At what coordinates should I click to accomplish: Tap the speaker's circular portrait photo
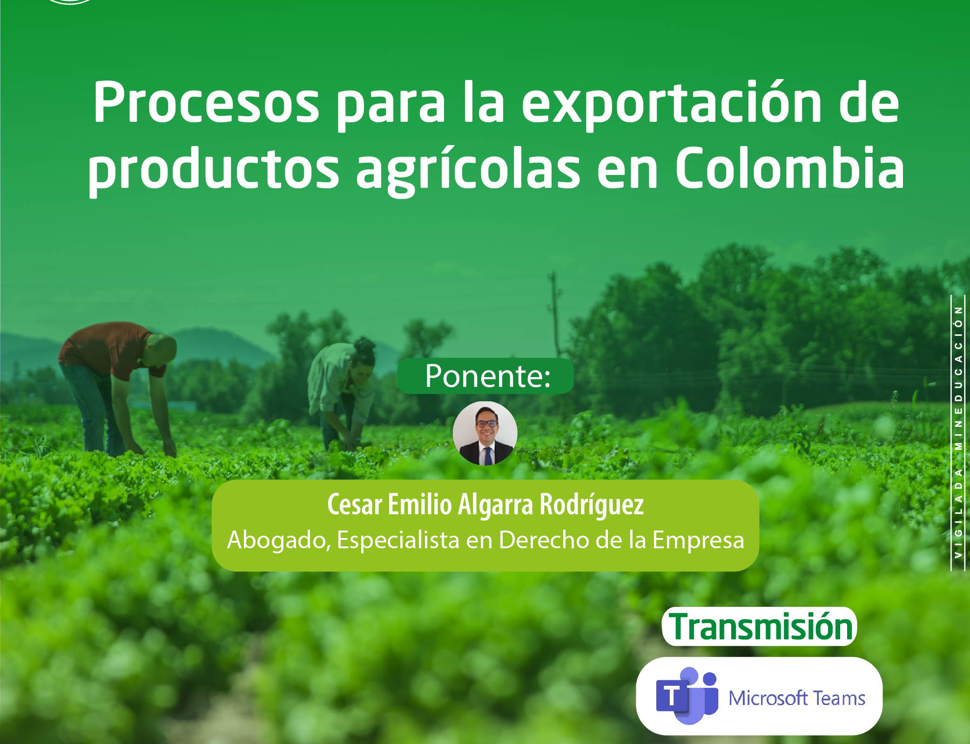(x=485, y=433)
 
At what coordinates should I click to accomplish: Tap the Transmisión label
(x=760, y=627)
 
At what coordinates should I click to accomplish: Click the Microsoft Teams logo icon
(x=687, y=696)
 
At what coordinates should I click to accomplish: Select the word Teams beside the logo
(x=839, y=698)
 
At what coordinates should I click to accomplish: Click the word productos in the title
(x=214, y=170)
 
